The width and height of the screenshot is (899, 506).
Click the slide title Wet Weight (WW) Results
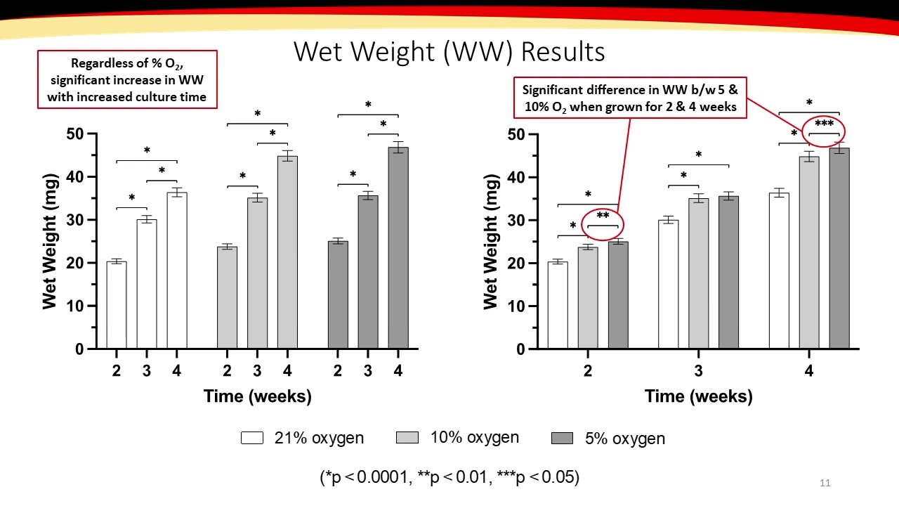[449, 52]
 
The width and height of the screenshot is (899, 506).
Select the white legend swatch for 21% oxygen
[252, 438]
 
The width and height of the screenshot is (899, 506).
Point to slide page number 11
[825, 483]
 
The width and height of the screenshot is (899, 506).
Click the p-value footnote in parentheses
[449, 477]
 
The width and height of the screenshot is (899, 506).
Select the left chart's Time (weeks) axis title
[257, 396]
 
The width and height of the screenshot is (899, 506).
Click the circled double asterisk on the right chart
[603, 216]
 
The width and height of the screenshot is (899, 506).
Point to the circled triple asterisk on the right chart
[824, 124]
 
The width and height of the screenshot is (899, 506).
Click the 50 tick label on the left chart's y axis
[75, 134]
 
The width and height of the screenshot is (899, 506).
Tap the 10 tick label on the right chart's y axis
[516, 306]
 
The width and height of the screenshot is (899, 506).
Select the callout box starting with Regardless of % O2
[127, 79]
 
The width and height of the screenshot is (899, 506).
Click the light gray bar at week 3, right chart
[698, 273]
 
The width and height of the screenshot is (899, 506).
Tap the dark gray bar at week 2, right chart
[618, 295]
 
